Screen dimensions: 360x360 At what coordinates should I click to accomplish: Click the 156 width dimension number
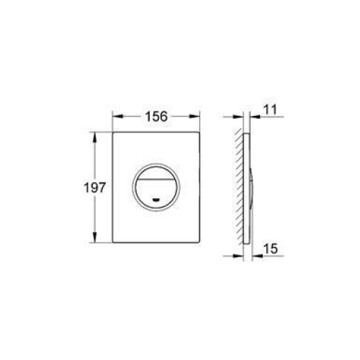click(156, 117)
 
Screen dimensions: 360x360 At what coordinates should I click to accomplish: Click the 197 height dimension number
click(94, 187)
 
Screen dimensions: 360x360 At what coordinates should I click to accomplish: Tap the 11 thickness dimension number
click(270, 109)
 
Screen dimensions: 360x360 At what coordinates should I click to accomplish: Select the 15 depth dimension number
click(271, 248)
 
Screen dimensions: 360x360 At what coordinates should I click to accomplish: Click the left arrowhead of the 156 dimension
click(118, 117)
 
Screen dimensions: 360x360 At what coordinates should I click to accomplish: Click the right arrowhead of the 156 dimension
click(194, 117)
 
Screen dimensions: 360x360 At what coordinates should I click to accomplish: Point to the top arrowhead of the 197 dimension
click(95, 138)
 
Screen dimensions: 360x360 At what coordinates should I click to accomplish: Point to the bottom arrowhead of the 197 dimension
click(95, 237)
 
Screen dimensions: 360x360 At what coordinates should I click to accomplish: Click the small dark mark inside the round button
click(156, 199)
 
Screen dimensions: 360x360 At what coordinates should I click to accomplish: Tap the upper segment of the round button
click(156, 172)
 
